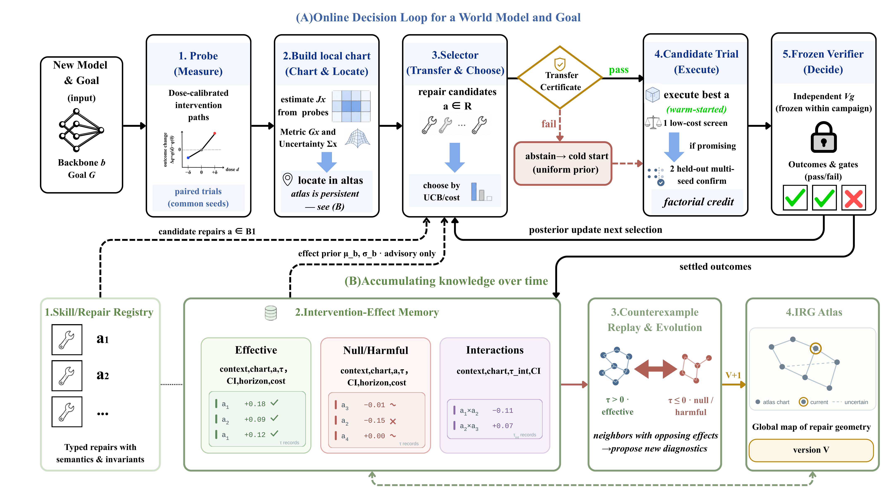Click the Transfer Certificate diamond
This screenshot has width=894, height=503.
560,77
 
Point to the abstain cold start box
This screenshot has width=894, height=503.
563,163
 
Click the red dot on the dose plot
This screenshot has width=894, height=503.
215,133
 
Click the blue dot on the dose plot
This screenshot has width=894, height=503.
188,158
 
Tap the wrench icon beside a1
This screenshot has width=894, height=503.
67,339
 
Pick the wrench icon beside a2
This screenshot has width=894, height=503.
67,376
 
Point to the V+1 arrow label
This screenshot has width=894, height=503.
733,375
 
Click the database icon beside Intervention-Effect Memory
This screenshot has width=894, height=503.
271,313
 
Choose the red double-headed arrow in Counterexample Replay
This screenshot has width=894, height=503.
656,369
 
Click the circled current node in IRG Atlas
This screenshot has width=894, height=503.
816,348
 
